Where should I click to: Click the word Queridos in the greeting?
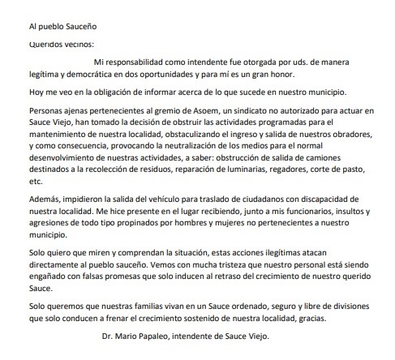tap(40, 44)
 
